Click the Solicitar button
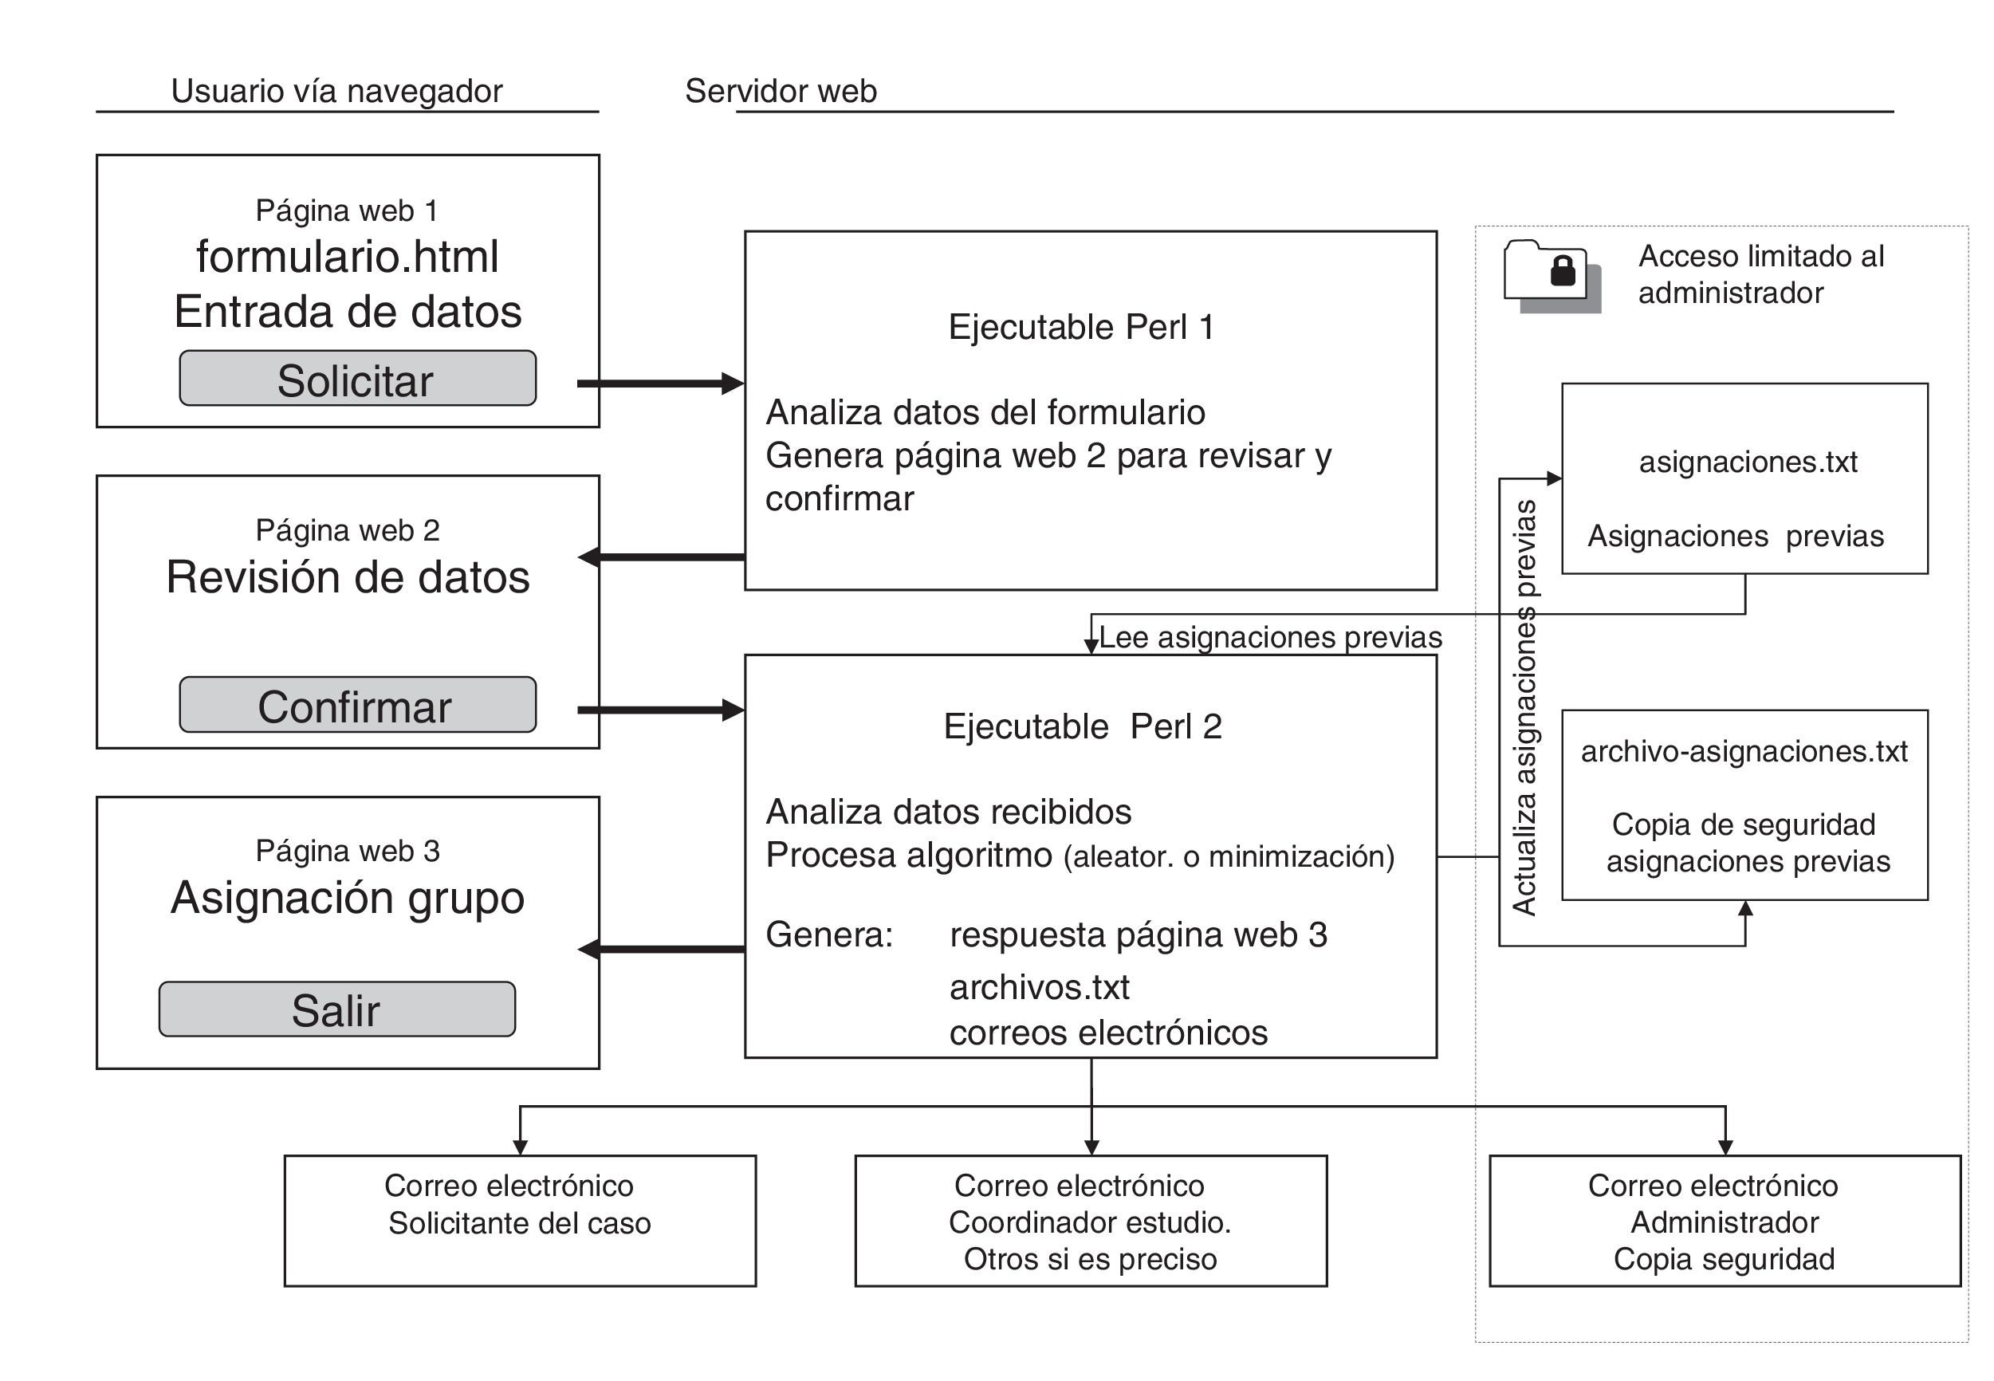(x=357, y=378)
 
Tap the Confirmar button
(x=357, y=704)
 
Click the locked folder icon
(x=1552, y=276)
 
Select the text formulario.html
(x=347, y=256)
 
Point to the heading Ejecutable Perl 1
(x=1081, y=327)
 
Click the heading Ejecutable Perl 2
(x=1082, y=726)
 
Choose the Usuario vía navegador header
(x=336, y=91)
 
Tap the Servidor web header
(x=781, y=91)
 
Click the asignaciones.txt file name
(x=1748, y=462)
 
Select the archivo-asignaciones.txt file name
(x=1744, y=751)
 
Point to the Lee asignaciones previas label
(x=1270, y=638)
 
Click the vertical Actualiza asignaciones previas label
(x=1524, y=708)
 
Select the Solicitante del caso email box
(x=520, y=1221)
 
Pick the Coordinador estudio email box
(x=1091, y=1221)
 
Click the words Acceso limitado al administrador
(x=1760, y=274)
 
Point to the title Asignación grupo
(x=348, y=898)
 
